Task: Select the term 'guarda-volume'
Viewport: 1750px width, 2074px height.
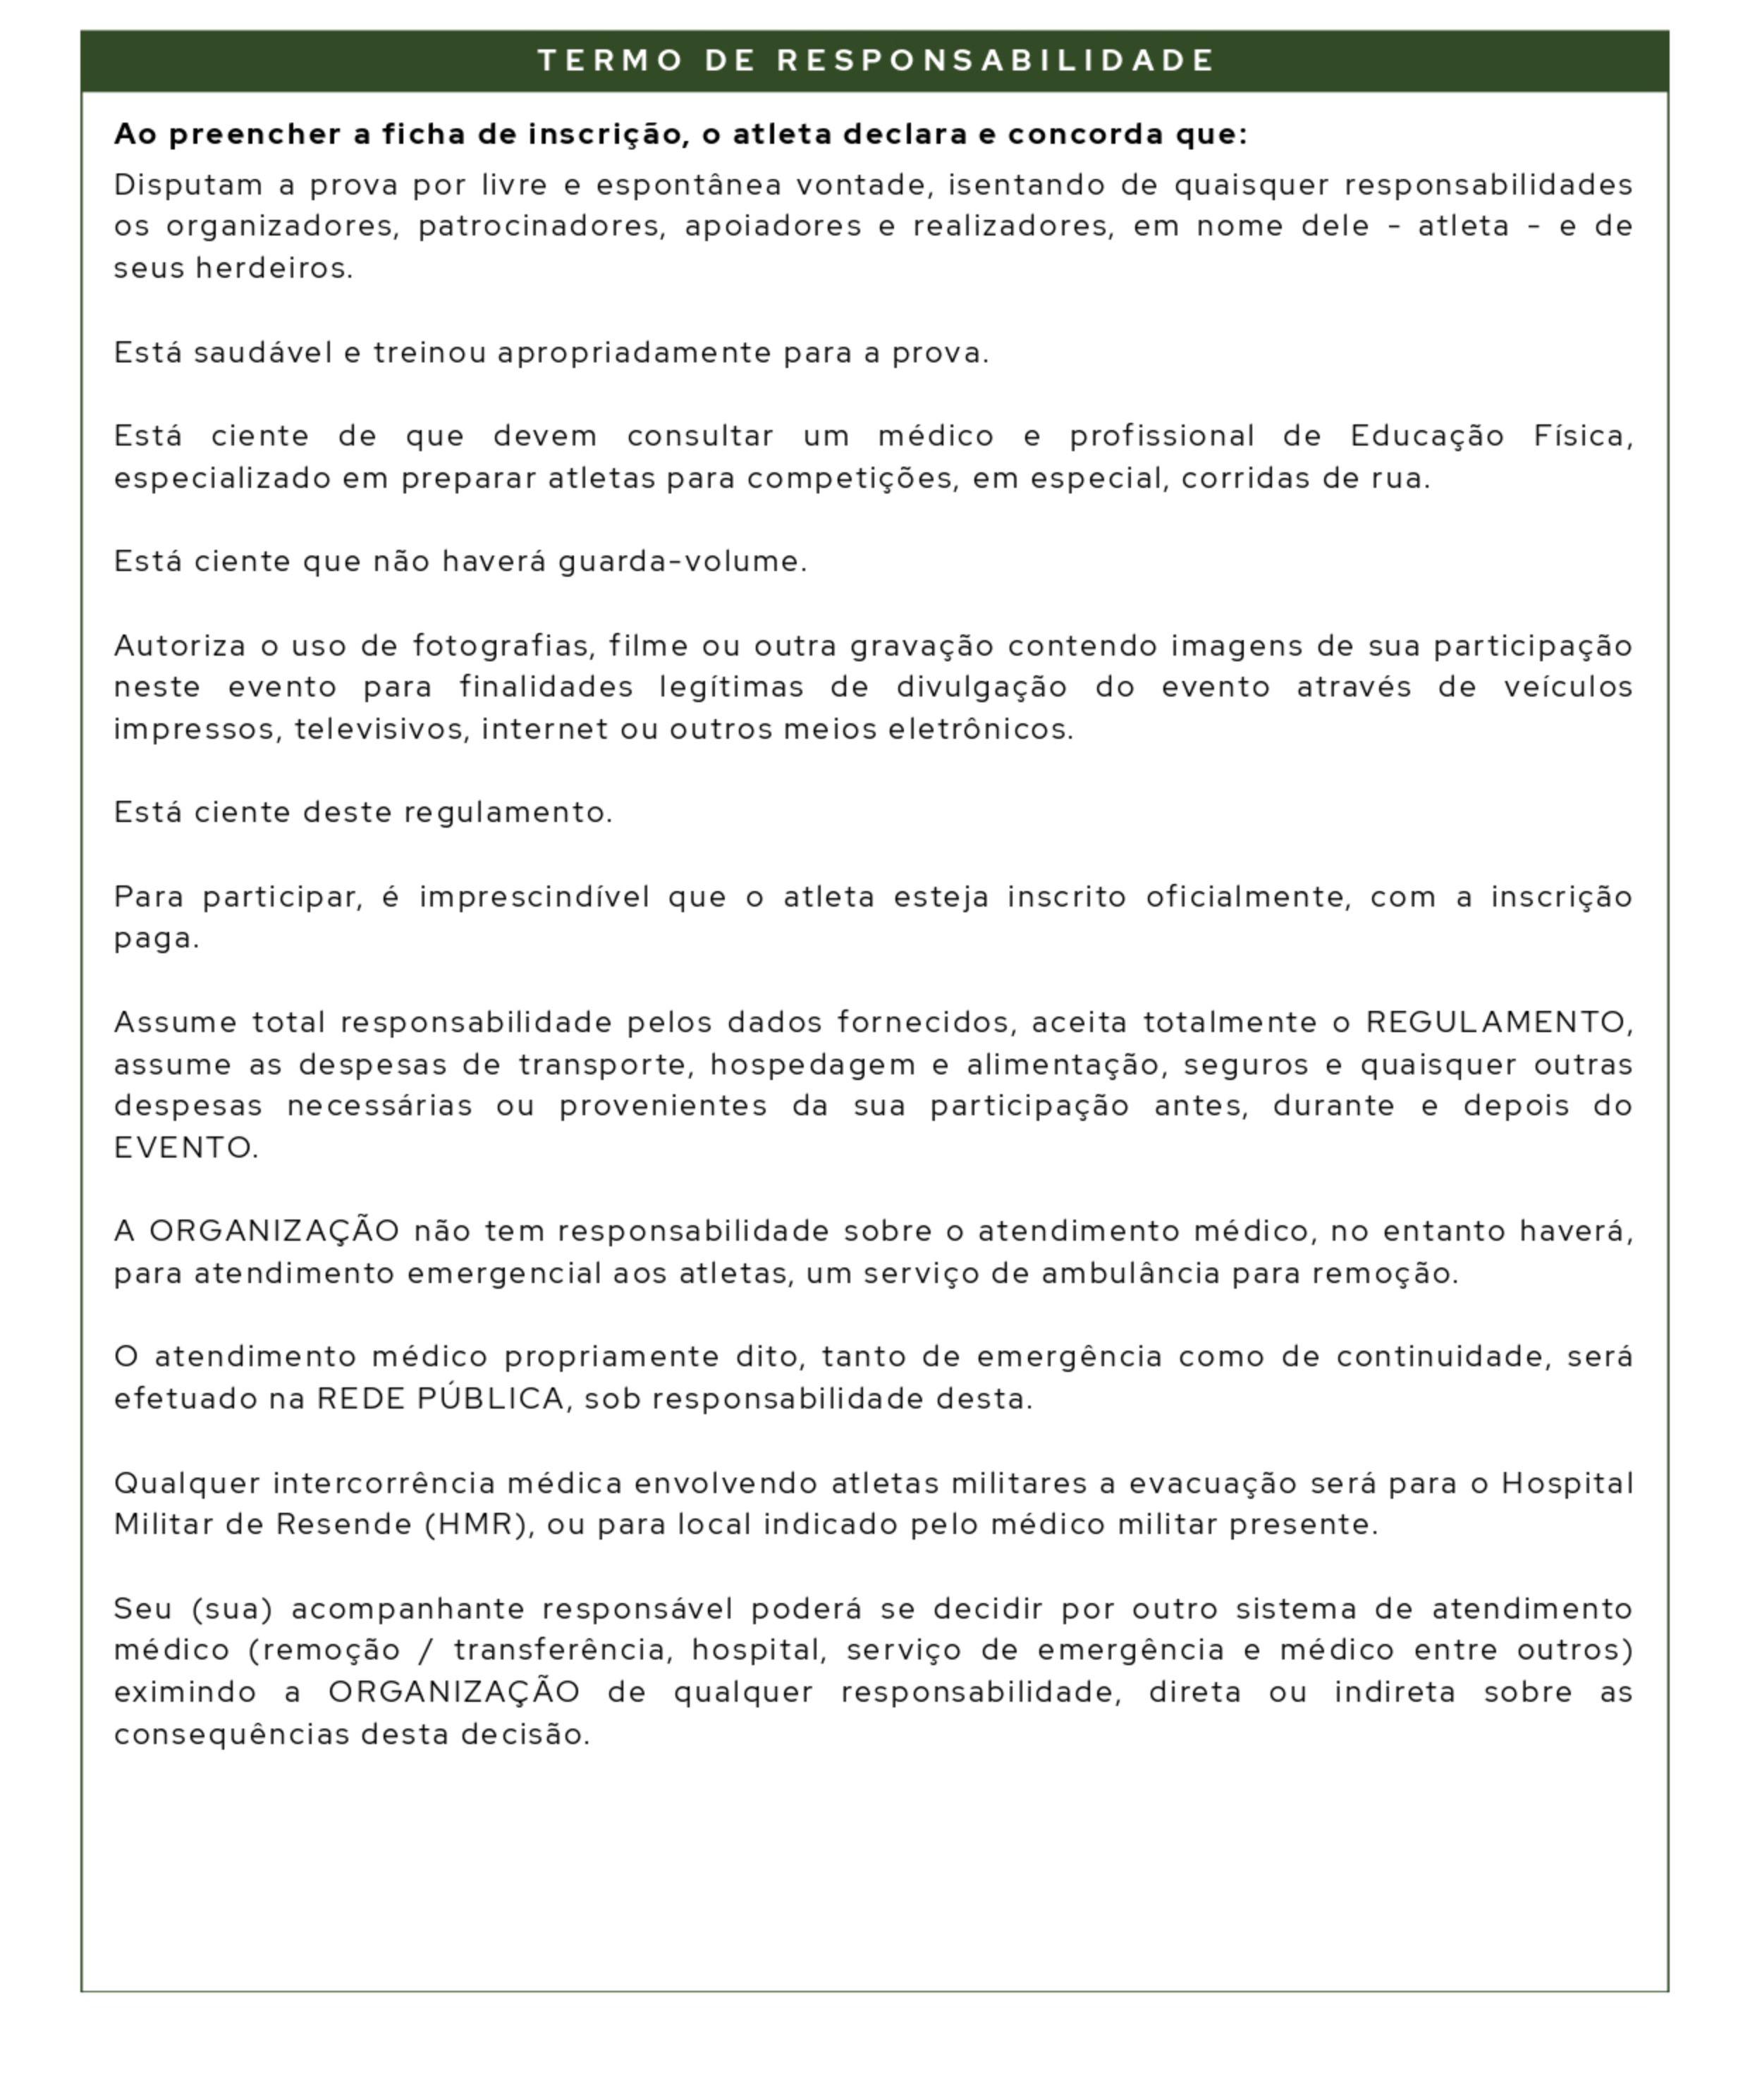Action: point(683,563)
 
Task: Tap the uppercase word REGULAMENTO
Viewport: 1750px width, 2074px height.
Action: point(1498,1023)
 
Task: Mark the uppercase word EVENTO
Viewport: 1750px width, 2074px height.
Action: point(185,1148)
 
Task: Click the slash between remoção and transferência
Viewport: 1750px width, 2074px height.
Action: point(427,1650)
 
